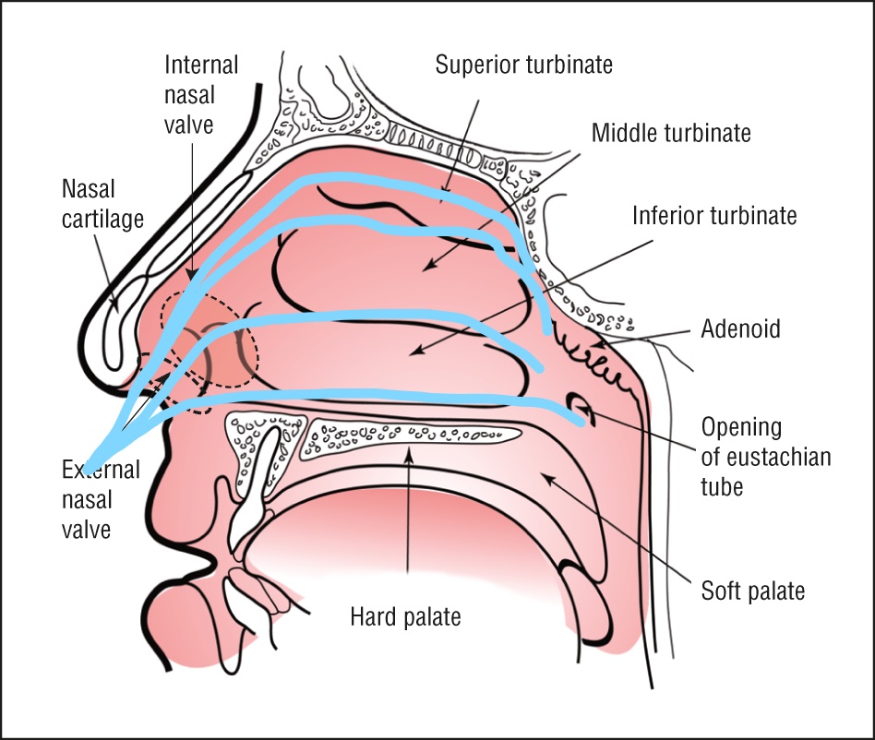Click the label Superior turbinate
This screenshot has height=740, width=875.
coord(523,65)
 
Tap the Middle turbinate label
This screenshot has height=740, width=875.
coord(671,133)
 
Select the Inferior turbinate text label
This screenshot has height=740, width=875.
coord(714,216)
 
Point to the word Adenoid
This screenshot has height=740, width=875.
coord(740,328)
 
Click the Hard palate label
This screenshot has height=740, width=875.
coord(406,616)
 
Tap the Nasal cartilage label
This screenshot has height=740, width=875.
coord(102,204)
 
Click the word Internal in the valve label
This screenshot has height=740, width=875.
coord(201,65)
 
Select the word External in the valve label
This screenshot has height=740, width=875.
coord(101,470)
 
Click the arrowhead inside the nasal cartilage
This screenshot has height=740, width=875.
coord(116,305)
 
